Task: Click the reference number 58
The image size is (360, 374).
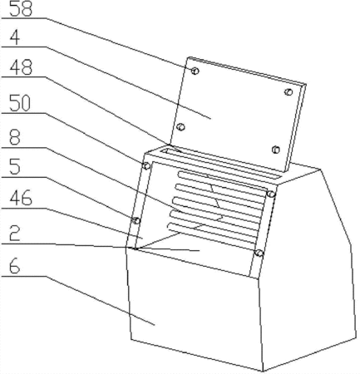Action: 21,9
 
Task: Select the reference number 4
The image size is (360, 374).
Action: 15,37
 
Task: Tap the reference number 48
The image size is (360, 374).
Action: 21,67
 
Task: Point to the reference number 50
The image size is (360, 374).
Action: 20,103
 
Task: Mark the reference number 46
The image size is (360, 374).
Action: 21,198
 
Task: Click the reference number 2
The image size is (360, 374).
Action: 15,234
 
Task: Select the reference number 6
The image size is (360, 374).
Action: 15,266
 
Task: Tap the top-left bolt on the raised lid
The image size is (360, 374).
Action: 195,71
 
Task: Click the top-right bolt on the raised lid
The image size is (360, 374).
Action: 288,92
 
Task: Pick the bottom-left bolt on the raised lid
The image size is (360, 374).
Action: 181,127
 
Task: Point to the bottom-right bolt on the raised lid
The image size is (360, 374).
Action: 275,150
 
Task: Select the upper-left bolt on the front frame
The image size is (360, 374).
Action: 146,166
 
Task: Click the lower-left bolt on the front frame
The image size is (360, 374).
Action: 136,221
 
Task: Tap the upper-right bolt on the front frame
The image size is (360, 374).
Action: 271,194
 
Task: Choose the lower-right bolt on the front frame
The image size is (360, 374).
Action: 259,253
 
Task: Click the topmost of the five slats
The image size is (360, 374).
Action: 222,184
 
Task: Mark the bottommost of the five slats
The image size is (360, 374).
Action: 211,235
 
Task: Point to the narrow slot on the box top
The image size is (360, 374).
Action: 221,164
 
